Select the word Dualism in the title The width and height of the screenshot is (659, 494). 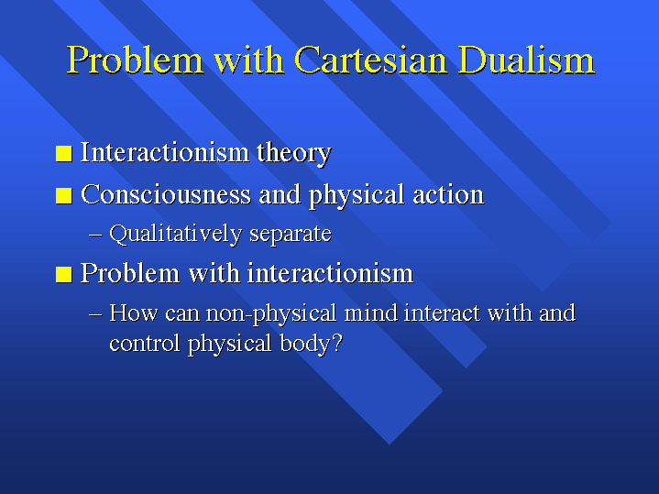pyautogui.click(x=526, y=60)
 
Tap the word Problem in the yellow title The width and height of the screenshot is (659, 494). pyautogui.click(x=135, y=60)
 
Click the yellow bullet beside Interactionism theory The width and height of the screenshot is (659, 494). pyautogui.click(x=64, y=153)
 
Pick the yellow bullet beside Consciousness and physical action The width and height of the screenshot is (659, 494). pyautogui.click(x=64, y=196)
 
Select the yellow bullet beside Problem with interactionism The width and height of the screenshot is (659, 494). pyautogui.click(x=64, y=275)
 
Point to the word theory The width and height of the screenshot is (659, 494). pyautogui.click(x=294, y=153)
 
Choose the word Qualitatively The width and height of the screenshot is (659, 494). pyautogui.click(x=176, y=234)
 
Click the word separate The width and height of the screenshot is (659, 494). pyautogui.click(x=291, y=235)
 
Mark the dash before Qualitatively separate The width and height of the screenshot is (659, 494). pyautogui.click(x=95, y=235)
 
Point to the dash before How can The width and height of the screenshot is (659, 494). pyautogui.click(x=95, y=314)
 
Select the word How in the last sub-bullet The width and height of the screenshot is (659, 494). pyautogui.click(x=133, y=313)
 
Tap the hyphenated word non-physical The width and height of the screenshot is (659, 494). pyautogui.click(x=271, y=314)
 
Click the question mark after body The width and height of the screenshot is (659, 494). pyautogui.click(x=336, y=343)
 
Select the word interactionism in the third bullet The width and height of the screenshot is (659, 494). pyautogui.click(x=330, y=274)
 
